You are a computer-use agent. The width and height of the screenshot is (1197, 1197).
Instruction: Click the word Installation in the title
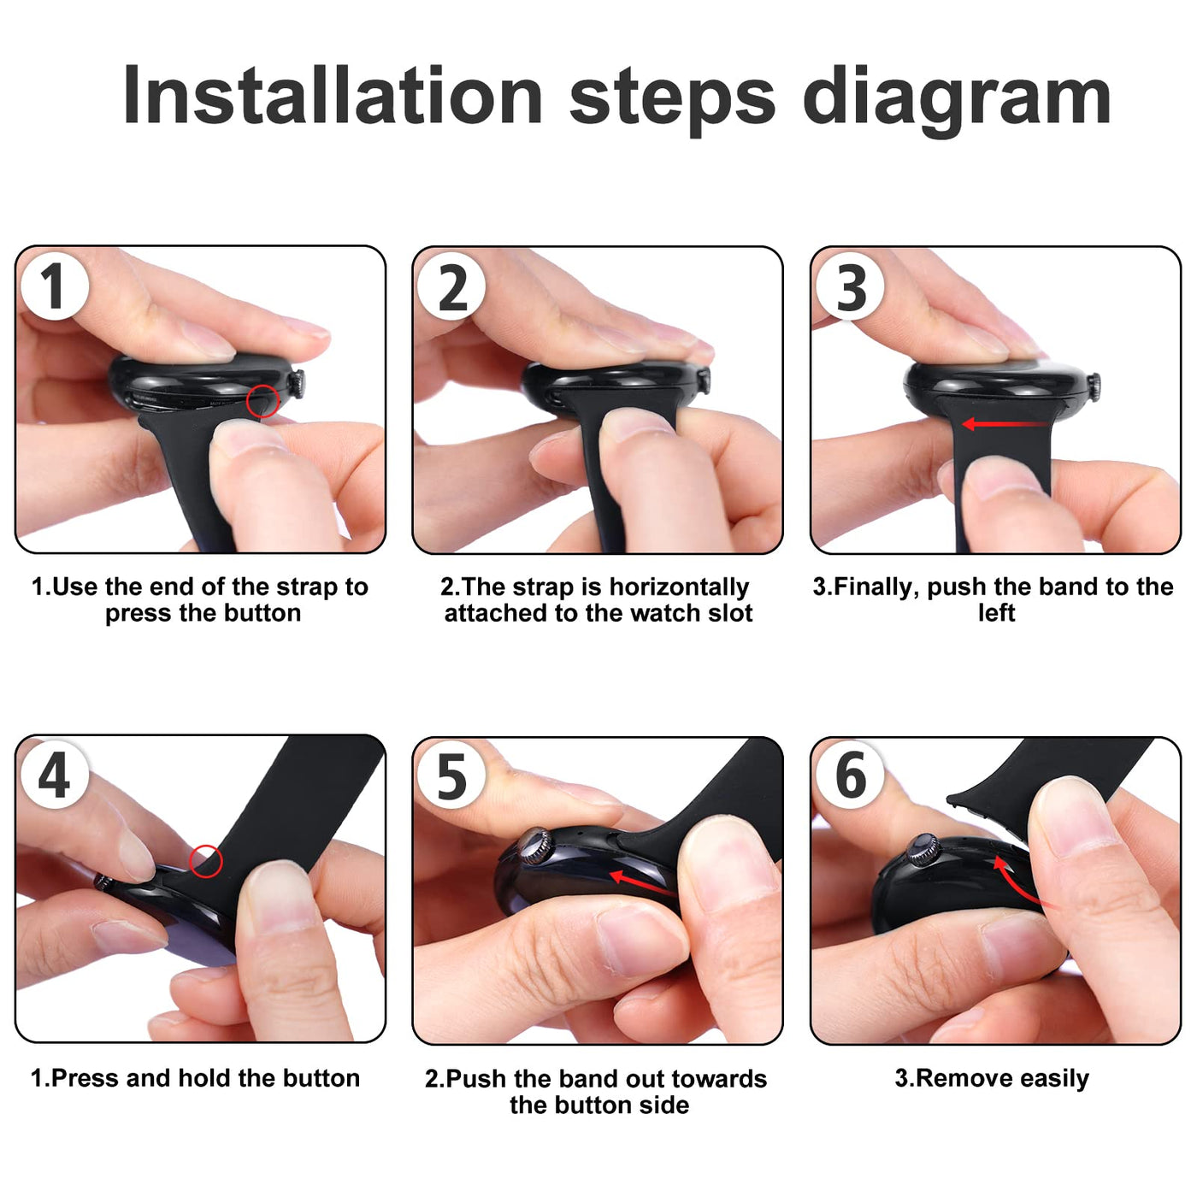tap(333, 96)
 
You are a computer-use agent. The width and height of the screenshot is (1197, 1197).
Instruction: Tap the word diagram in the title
tap(957, 99)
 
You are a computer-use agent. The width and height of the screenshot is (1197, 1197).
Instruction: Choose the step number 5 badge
tap(451, 776)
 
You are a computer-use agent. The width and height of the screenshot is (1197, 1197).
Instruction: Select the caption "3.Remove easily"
tap(992, 1078)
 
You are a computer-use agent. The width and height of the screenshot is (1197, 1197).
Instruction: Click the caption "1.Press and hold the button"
tap(195, 1078)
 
